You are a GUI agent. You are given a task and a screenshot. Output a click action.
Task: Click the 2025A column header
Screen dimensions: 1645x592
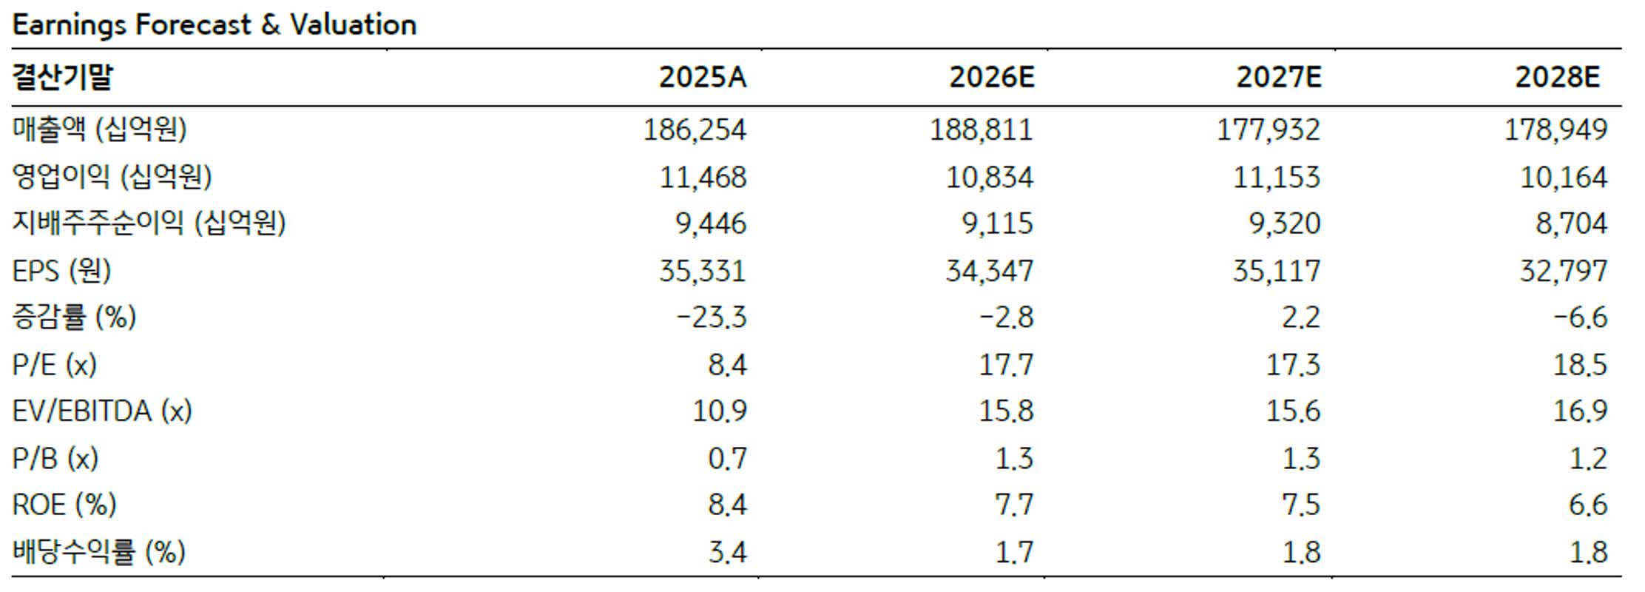tap(703, 77)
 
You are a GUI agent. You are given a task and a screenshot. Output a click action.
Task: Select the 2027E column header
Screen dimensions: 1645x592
tap(1278, 77)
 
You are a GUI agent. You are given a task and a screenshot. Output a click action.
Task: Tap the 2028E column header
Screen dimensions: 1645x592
tap(1557, 77)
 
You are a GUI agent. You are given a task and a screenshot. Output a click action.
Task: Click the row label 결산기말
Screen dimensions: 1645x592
tap(63, 77)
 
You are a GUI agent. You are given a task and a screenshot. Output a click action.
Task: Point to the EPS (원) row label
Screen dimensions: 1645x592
tap(61, 271)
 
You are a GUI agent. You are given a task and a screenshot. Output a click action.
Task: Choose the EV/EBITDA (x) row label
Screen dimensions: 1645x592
tap(102, 411)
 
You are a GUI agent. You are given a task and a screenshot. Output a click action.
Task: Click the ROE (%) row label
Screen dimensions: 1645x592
tap(64, 505)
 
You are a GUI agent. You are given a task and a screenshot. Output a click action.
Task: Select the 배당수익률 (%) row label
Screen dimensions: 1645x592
tap(98, 552)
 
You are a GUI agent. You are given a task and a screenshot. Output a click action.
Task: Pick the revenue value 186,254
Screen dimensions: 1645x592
tap(695, 130)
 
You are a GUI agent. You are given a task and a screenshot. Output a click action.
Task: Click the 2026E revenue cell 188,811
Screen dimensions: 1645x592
tap(981, 130)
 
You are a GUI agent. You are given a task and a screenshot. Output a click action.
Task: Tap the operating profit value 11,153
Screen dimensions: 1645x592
tap(1276, 178)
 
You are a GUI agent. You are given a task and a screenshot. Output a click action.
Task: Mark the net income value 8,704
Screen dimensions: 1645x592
tap(1571, 223)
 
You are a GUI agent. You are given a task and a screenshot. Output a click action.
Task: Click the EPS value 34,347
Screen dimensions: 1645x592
tap(989, 271)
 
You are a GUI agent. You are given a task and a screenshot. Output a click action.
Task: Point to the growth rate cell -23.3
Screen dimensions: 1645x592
tap(712, 317)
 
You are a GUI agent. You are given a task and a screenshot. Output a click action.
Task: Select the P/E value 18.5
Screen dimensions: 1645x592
tap(1580, 365)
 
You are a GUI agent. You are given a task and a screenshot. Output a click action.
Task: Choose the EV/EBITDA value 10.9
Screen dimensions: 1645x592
tap(719, 411)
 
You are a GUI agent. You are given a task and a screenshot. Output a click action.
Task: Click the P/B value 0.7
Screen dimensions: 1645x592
tap(727, 459)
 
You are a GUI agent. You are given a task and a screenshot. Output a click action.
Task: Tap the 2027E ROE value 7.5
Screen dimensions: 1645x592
tap(1301, 505)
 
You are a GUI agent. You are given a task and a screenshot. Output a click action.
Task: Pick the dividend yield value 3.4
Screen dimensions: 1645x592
tap(727, 552)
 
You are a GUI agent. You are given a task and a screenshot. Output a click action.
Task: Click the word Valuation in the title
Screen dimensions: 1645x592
tap(354, 25)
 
